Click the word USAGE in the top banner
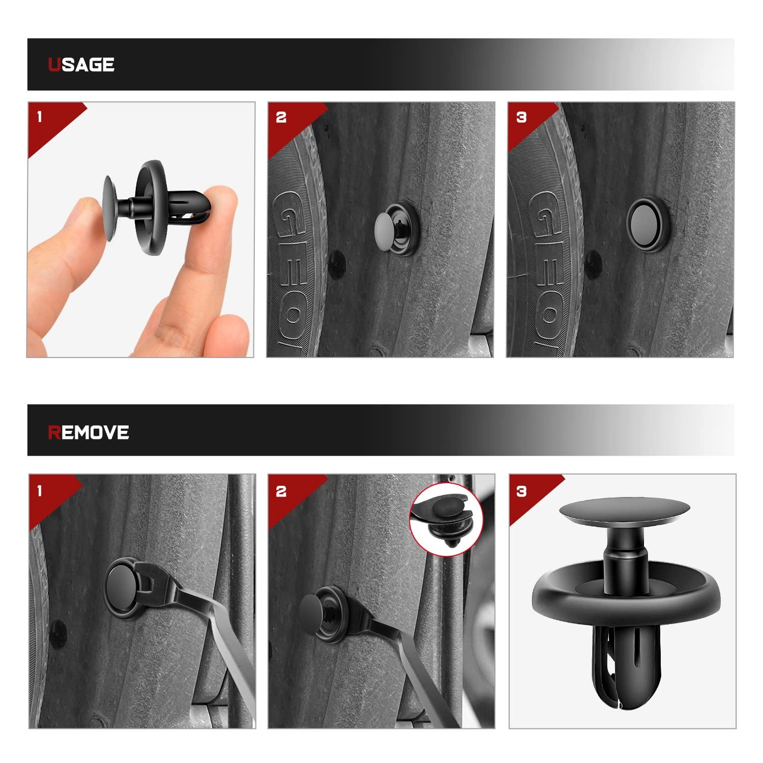[x=81, y=65]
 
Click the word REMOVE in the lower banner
[x=88, y=432]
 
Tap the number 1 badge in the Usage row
[x=40, y=118]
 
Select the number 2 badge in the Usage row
[x=281, y=118]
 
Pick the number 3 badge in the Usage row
[x=521, y=118]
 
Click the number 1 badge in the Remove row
[x=40, y=491]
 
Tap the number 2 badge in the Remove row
[x=281, y=491]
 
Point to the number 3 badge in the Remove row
[x=521, y=491]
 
